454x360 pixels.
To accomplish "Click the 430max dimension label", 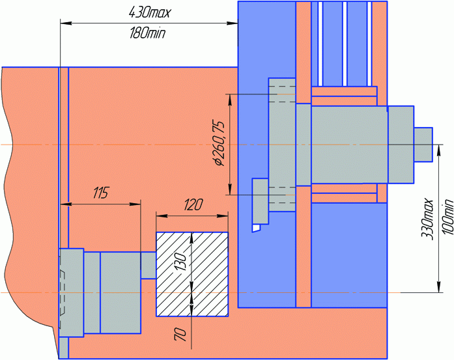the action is click(x=149, y=13).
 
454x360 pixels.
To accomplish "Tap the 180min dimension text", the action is click(x=148, y=33).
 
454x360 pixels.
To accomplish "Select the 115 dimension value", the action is click(x=101, y=193).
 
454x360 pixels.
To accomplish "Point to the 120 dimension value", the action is click(x=193, y=204).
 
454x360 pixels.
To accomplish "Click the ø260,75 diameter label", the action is click(x=219, y=143).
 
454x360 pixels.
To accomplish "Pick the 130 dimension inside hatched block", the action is click(x=181, y=261).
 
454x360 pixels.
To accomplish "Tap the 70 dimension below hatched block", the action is click(x=180, y=334).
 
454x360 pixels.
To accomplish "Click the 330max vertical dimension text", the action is click(x=427, y=219).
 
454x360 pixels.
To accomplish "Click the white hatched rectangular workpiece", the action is click(x=192, y=274).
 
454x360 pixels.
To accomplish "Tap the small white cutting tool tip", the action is click(x=256, y=228).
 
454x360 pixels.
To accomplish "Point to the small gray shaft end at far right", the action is click(x=423, y=145).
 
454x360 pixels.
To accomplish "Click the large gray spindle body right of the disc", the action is click(x=350, y=145).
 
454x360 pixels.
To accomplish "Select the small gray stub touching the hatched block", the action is click(x=149, y=266).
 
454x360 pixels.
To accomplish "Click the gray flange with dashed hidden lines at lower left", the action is click(x=71, y=292).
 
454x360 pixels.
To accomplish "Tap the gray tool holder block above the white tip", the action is click(x=261, y=201).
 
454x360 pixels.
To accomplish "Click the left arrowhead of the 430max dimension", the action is click(x=66, y=23).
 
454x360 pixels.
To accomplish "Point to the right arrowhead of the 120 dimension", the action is click(x=223, y=216).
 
